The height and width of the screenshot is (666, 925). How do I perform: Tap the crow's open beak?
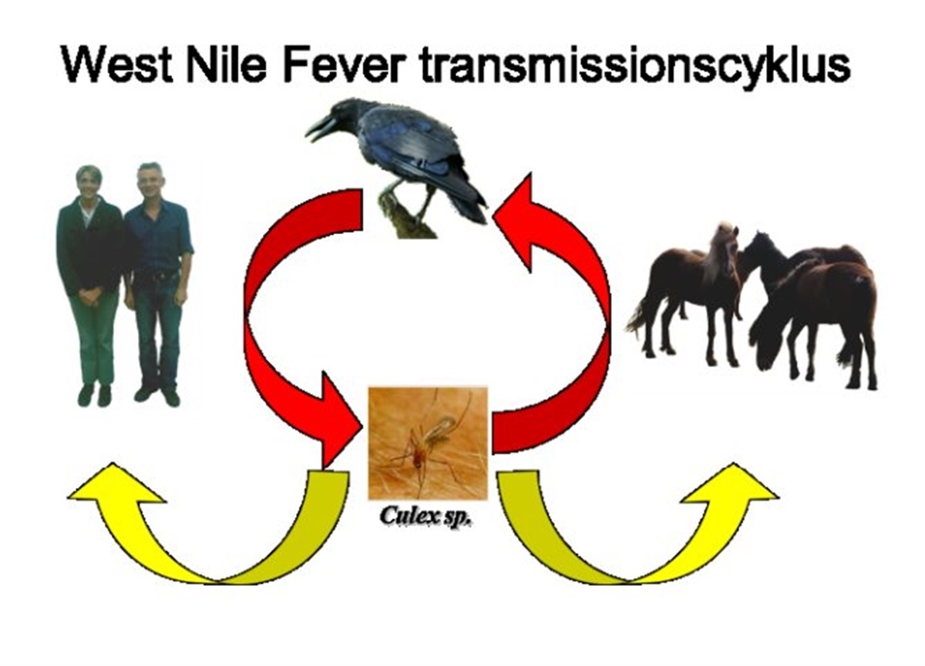(320, 127)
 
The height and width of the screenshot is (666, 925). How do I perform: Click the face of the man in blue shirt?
(150, 183)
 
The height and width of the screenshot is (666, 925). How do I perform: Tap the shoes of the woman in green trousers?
(94, 394)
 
